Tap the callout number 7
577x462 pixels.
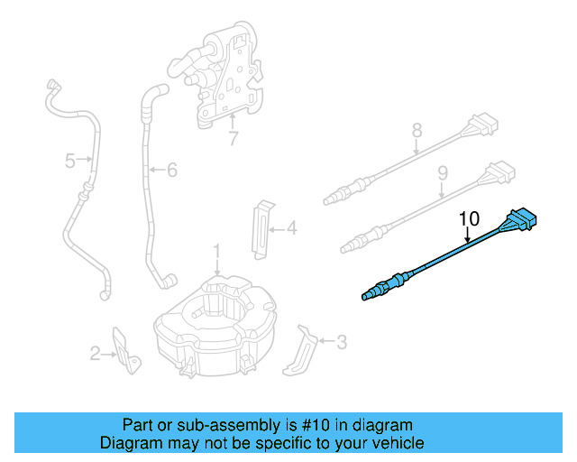233,139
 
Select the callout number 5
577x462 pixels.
69,162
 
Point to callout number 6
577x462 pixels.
172,169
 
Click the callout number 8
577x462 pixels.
417,131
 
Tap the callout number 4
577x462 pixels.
291,229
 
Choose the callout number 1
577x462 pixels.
216,250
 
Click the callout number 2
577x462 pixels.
95,354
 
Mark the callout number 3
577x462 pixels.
341,342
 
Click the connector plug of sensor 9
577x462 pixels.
499,171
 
